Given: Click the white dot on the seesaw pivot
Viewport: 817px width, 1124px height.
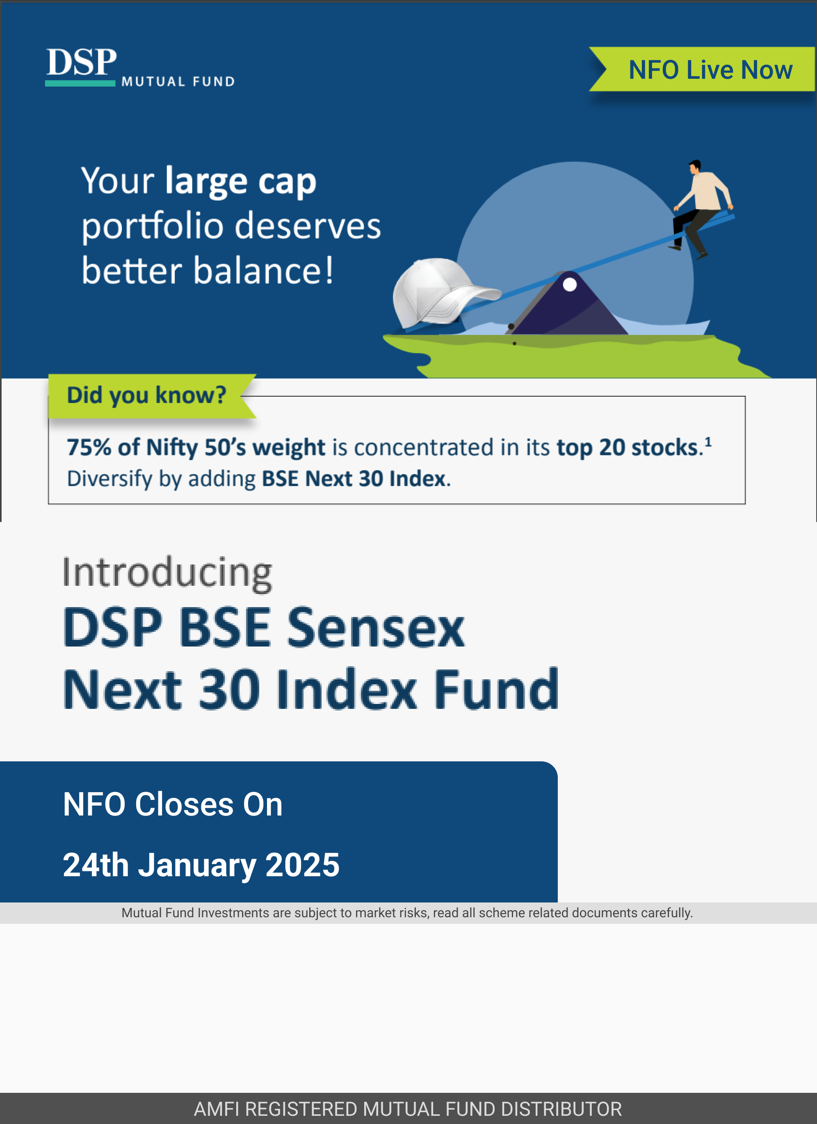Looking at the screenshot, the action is coord(570,284).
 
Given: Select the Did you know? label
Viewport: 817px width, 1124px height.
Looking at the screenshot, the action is coord(147,395).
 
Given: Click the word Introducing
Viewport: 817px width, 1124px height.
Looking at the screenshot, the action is coord(167,573).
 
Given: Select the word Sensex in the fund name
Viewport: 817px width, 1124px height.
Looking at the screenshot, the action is coord(376,628).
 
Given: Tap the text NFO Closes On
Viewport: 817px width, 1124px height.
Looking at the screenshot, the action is coord(172,804).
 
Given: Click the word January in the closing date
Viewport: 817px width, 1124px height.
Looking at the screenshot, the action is coord(197,865).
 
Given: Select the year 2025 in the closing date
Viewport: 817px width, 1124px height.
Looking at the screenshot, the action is coord(302,865).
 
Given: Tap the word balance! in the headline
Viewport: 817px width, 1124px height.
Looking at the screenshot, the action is coord(263,271).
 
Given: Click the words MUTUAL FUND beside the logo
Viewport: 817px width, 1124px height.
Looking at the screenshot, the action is coord(178,81).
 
